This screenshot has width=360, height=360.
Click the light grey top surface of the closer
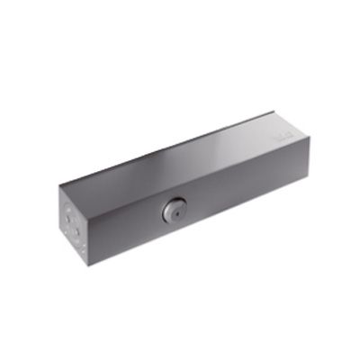pos(180,157)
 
